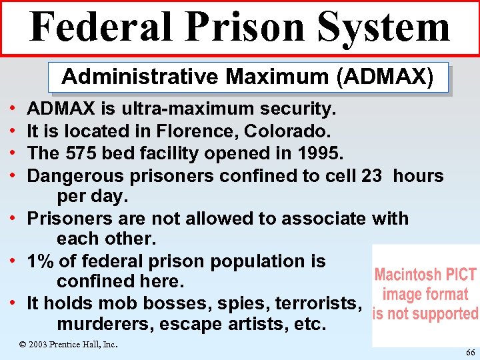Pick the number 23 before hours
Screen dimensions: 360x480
(372, 176)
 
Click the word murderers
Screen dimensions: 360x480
(99, 325)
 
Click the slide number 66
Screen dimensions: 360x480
(471, 351)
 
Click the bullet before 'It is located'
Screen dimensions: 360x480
(13, 131)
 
